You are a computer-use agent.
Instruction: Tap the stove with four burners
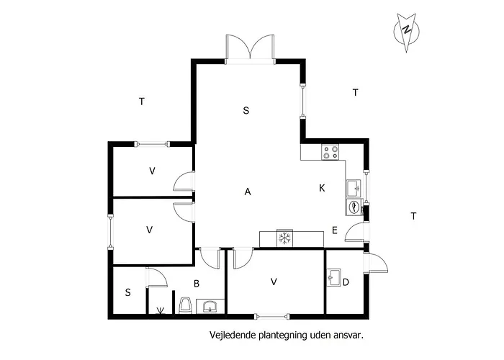click(x=330, y=152)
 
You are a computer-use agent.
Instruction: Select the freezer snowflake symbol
click(x=284, y=238)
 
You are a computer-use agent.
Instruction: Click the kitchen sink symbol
click(x=354, y=188)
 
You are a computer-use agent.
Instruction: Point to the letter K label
click(x=322, y=188)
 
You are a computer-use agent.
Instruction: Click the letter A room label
click(x=248, y=192)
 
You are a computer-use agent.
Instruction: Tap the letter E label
click(x=335, y=230)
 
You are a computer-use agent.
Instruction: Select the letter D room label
click(x=346, y=282)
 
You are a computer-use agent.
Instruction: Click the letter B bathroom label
click(x=196, y=283)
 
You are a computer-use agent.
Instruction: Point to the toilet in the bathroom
click(x=185, y=306)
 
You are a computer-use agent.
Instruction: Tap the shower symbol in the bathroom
click(x=161, y=310)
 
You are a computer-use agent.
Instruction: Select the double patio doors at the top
click(x=249, y=48)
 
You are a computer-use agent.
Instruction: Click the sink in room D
click(x=333, y=277)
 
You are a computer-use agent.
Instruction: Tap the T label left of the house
click(x=142, y=102)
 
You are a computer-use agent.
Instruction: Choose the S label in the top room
click(x=246, y=111)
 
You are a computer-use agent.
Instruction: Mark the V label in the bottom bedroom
click(x=274, y=282)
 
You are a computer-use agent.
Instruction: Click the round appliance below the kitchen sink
click(x=354, y=207)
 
